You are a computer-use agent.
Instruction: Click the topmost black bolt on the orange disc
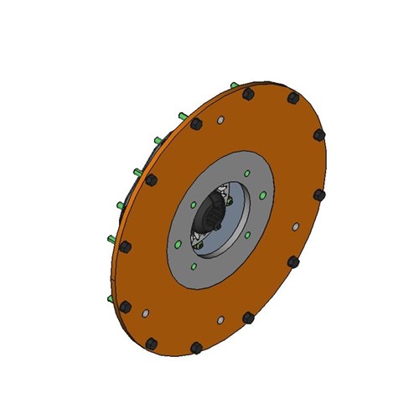pyautogui.click(x=248, y=94)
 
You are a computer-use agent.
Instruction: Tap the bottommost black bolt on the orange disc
pyautogui.click(x=196, y=347)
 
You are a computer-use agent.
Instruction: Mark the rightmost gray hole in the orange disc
pyautogui.click(x=295, y=226)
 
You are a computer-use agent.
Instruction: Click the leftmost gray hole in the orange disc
pyautogui.click(x=146, y=313)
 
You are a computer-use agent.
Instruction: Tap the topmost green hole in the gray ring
pyautogui.click(x=247, y=173)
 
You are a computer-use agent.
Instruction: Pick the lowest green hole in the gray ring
pyautogui.click(x=194, y=266)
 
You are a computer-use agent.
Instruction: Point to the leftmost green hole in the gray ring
pyautogui.click(x=178, y=244)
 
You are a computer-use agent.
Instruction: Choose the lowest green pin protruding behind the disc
pyautogui.click(x=106, y=298)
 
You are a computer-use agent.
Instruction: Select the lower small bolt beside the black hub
pyautogui.click(x=198, y=246)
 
